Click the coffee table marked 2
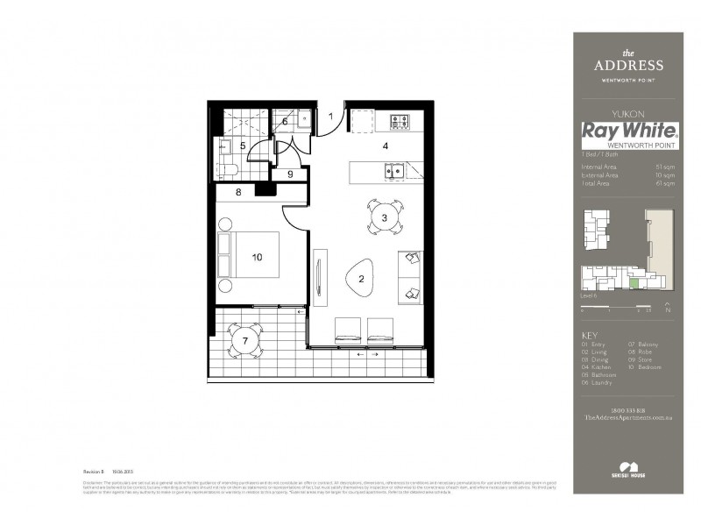(360, 280)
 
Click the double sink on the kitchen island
(393, 170)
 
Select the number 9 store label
(290, 174)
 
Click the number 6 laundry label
(285, 122)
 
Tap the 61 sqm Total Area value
(666, 183)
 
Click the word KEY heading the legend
(590, 337)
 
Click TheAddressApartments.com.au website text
(627, 419)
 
